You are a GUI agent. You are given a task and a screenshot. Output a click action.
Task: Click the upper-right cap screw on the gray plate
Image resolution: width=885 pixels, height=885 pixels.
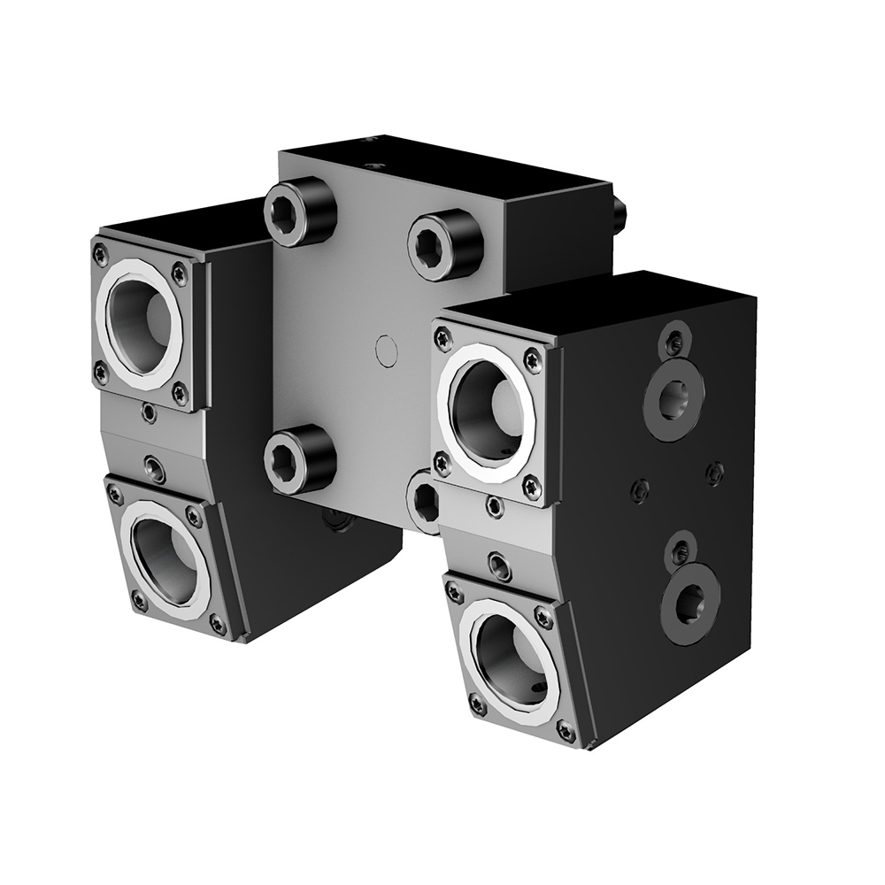tap(444, 245)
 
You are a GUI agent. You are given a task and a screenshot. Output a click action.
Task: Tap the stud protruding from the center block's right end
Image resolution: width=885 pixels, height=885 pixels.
tap(619, 211)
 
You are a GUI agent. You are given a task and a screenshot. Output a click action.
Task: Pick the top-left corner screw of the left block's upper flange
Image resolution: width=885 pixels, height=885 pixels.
tap(100, 255)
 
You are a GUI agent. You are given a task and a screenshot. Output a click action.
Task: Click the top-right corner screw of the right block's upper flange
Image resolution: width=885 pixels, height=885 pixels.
tap(531, 360)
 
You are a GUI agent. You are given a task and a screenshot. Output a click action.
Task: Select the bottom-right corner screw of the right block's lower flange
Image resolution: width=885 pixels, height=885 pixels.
tap(566, 731)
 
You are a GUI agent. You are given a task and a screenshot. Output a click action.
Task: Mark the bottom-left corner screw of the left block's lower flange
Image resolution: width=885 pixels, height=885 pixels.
tap(139, 601)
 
